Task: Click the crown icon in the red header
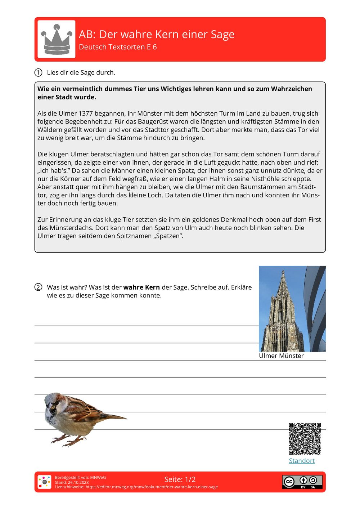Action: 57,39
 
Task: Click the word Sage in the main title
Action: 222,35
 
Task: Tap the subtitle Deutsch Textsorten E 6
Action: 118,47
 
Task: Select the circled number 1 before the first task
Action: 39,72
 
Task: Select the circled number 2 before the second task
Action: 39,287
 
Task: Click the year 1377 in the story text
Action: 86,113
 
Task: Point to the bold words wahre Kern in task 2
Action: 141,287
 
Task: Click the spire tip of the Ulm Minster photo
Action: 283,271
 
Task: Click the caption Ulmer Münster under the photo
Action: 281,356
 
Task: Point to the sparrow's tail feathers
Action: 115,417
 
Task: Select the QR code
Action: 305,439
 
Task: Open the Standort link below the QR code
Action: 302,461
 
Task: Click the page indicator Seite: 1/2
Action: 180,479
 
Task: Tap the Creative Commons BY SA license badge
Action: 302,482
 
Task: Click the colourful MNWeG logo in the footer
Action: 44,482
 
